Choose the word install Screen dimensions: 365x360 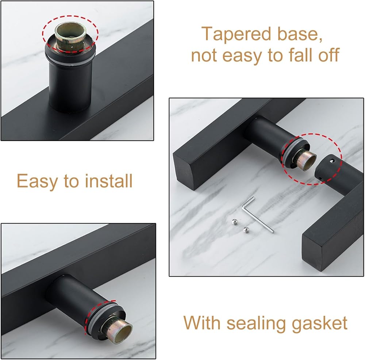(109, 181)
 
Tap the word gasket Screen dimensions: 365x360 (320, 324)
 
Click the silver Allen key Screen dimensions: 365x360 (257, 214)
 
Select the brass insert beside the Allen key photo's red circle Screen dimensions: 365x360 (306, 160)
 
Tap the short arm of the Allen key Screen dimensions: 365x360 (248, 202)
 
